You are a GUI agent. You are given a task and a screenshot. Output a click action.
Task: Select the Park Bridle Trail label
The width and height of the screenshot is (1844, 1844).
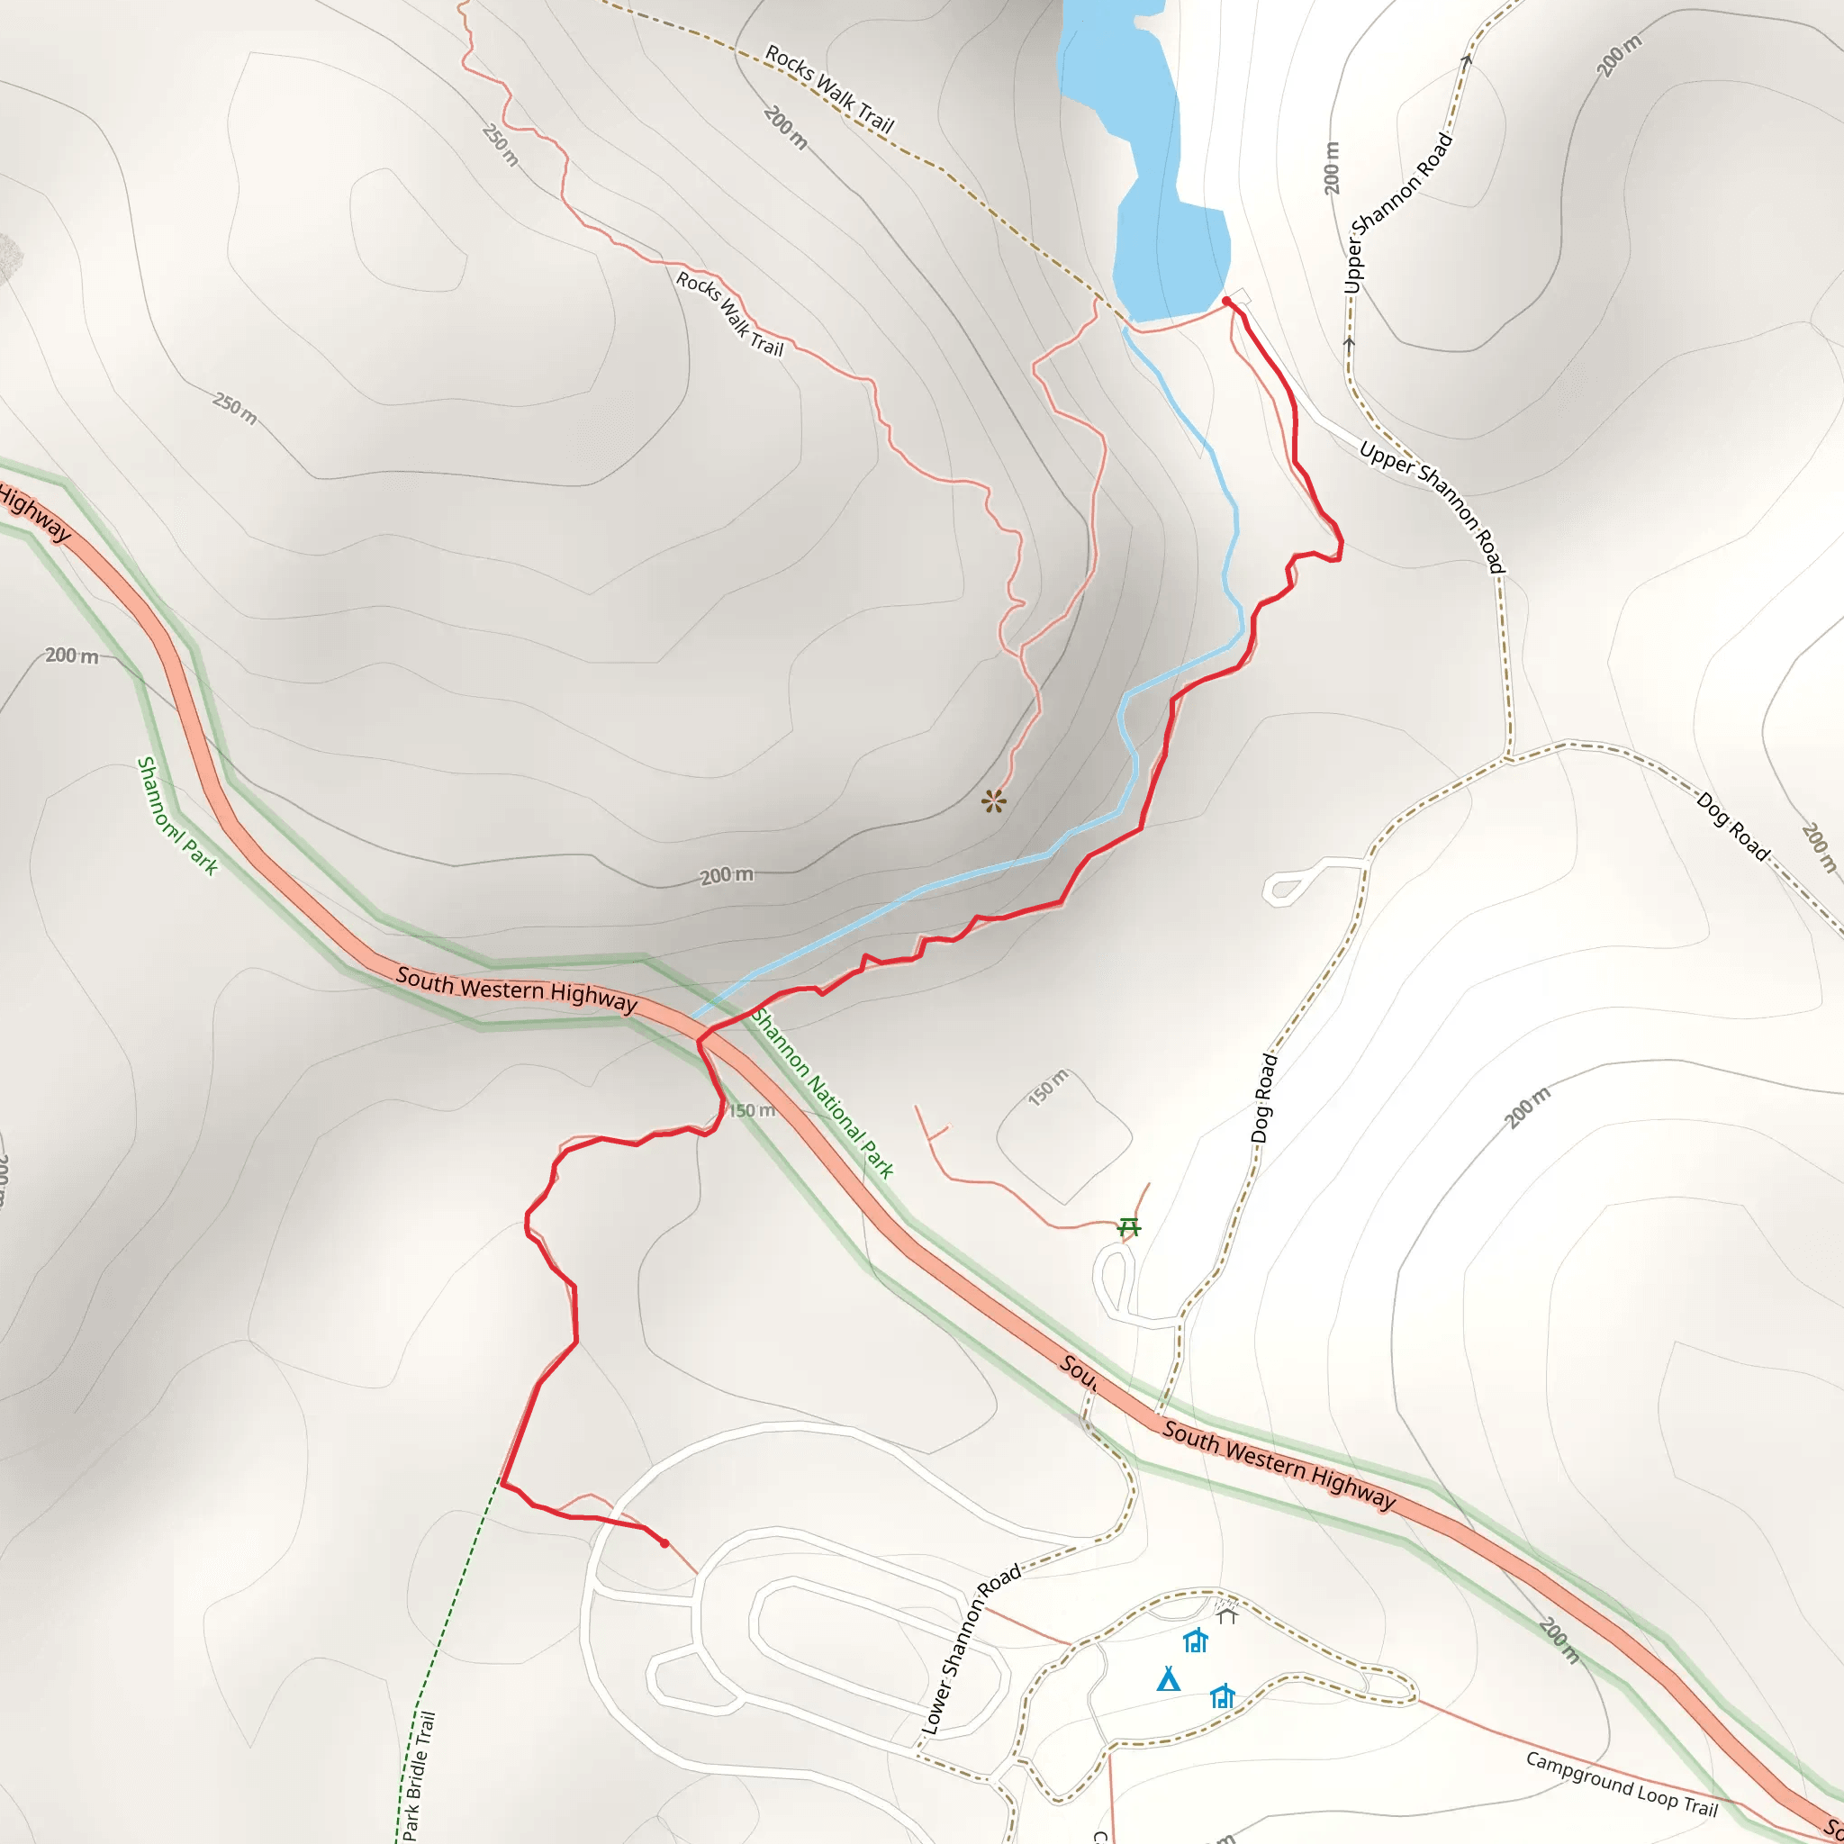(x=419, y=1776)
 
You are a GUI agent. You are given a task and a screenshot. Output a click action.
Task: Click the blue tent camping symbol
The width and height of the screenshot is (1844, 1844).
(x=1168, y=1679)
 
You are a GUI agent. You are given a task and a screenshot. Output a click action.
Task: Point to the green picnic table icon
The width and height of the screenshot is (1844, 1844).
(x=1129, y=1225)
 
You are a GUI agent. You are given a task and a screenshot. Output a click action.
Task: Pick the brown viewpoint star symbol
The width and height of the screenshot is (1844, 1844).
(x=994, y=800)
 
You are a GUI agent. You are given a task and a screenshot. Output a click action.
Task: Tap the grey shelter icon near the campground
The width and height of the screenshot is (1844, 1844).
(x=1226, y=1614)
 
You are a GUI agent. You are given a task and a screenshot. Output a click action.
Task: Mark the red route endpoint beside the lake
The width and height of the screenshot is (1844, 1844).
(x=1226, y=302)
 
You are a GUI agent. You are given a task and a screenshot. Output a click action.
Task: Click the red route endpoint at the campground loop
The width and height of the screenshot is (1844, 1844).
(x=664, y=1543)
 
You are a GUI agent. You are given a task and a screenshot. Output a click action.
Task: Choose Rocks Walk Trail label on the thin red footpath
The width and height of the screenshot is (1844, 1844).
(x=730, y=314)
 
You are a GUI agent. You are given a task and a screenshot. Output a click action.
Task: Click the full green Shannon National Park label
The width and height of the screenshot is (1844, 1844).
(x=822, y=1093)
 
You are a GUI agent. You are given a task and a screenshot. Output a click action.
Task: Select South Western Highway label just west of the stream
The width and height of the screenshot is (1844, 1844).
(x=516, y=989)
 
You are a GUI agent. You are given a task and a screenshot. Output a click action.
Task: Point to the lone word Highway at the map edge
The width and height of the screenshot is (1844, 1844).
(x=34, y=513)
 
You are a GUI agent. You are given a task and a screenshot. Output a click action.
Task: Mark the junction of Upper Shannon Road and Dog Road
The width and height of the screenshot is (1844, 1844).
(x=1508, y=760)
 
